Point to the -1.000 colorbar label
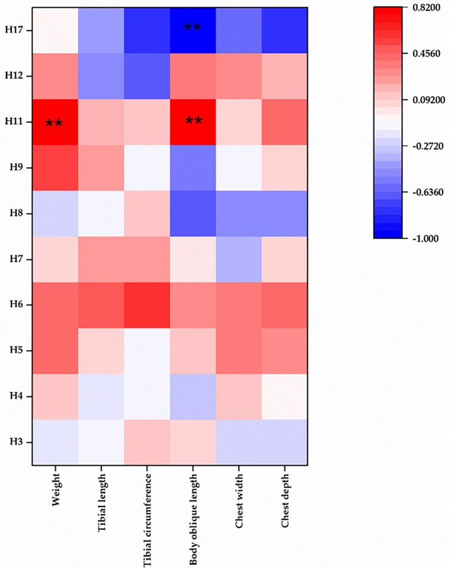pos(427,238)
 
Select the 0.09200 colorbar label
pos(430,99)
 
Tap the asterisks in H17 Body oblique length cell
pos(193,28)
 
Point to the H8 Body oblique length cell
pos(193,213)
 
